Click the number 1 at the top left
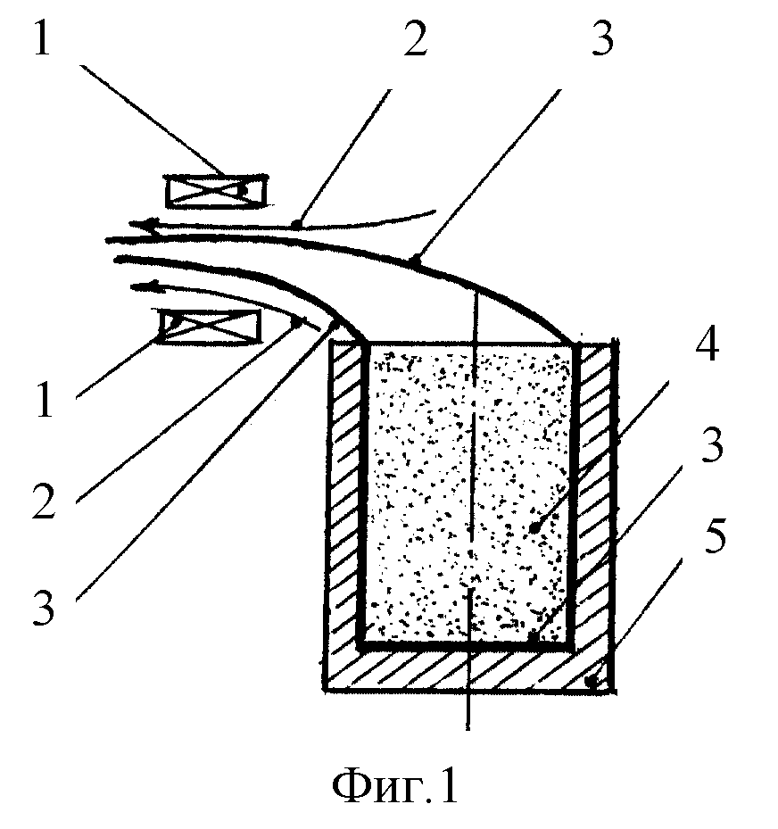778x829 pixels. (x=42, y=33)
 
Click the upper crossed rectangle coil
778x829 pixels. (x=216, y=190)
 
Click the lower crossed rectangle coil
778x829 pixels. (x=211, y=327)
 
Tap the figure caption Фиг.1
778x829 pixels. (x=395, y=787)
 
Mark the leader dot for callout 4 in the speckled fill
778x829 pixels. (x=535, y=527)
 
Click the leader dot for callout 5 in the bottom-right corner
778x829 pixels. (x=593, y=682)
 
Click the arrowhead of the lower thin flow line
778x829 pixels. (x=144, y=287)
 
